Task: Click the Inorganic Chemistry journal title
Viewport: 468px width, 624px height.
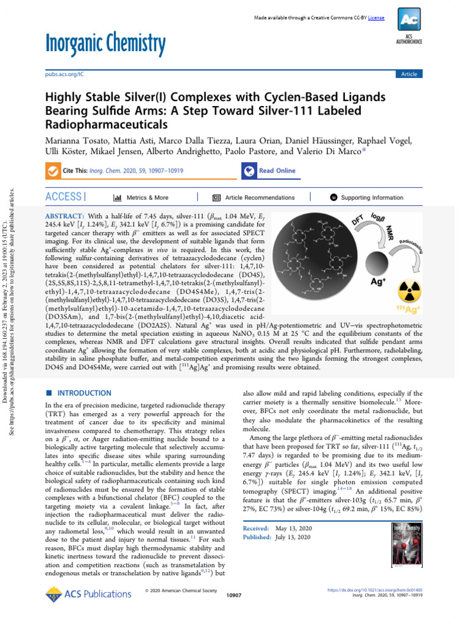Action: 105,43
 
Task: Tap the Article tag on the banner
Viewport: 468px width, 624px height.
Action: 408,74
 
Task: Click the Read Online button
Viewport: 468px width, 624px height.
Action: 269,171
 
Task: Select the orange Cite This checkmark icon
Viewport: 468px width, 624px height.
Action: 53,171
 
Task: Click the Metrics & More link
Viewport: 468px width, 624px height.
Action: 141,197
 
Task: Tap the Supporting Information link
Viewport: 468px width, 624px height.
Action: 366,197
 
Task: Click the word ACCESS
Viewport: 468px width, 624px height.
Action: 63,196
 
